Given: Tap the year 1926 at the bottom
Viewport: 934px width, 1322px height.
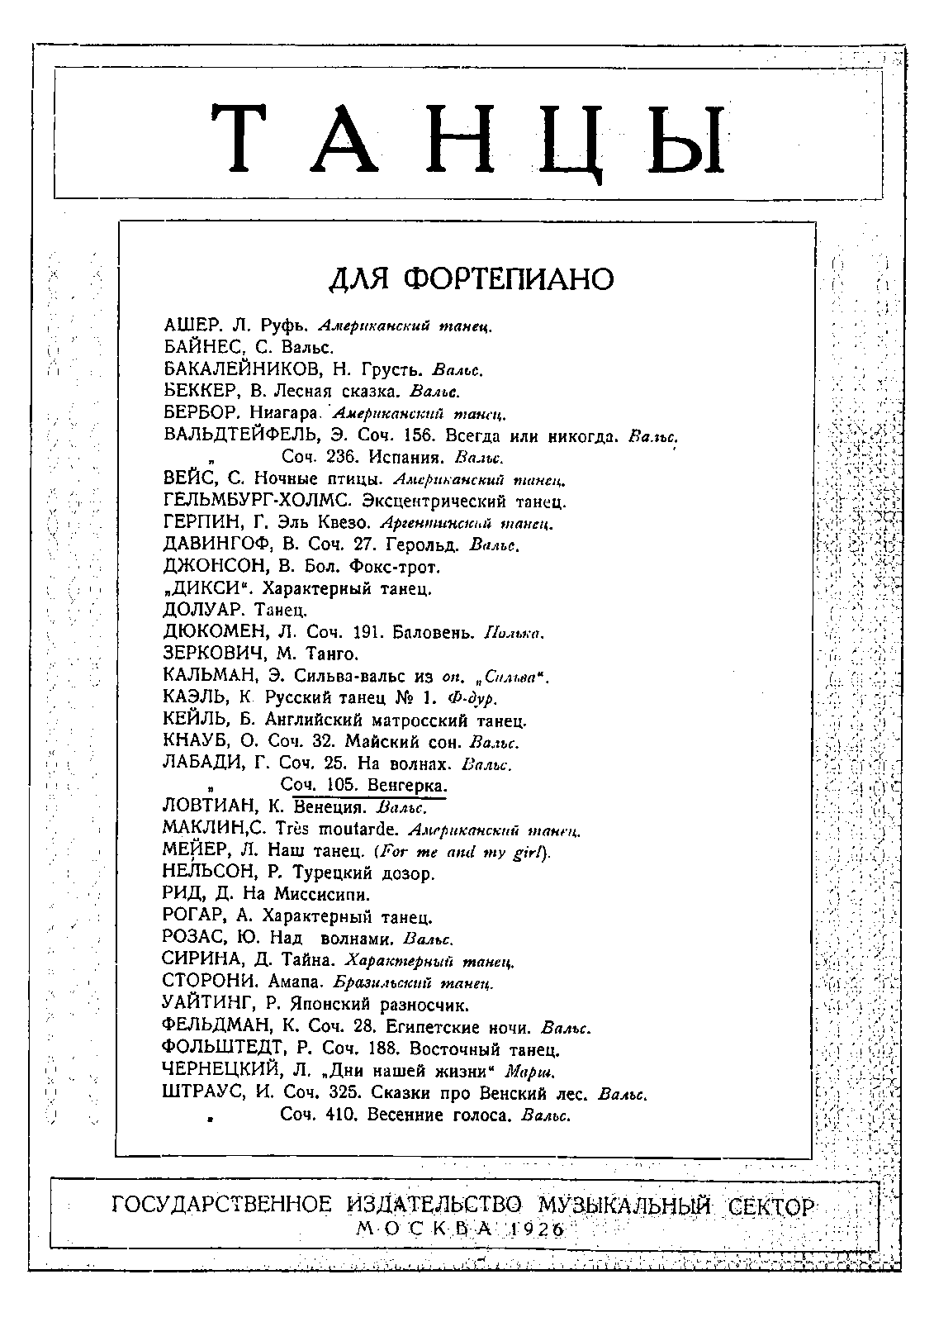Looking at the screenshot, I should pos(534,1229).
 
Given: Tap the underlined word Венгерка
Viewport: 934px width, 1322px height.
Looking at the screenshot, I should pos(407,786).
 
